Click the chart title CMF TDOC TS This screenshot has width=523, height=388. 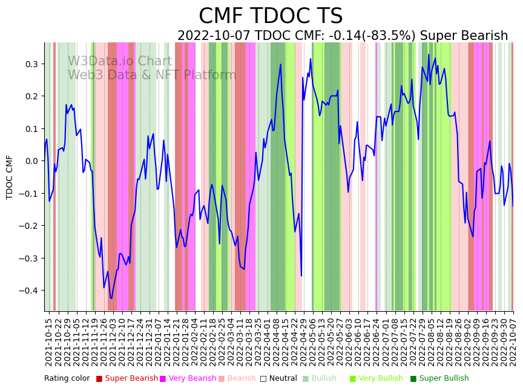(x=271, y=16)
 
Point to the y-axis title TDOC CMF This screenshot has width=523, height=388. (x=10, y=177)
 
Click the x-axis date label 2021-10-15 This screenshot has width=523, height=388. (x=49, y=342)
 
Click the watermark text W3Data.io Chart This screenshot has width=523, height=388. (x=120, y=62)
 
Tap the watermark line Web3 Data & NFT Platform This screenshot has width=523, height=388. (x=152, y=75)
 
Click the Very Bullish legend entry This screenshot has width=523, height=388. (x=380, y=378)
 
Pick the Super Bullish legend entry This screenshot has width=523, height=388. (x=444, y=378)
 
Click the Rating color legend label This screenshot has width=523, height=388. (x=67, y=378)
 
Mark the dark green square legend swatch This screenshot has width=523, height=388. (x=413, y=379)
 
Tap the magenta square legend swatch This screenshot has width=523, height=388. (x=163, y=379)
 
